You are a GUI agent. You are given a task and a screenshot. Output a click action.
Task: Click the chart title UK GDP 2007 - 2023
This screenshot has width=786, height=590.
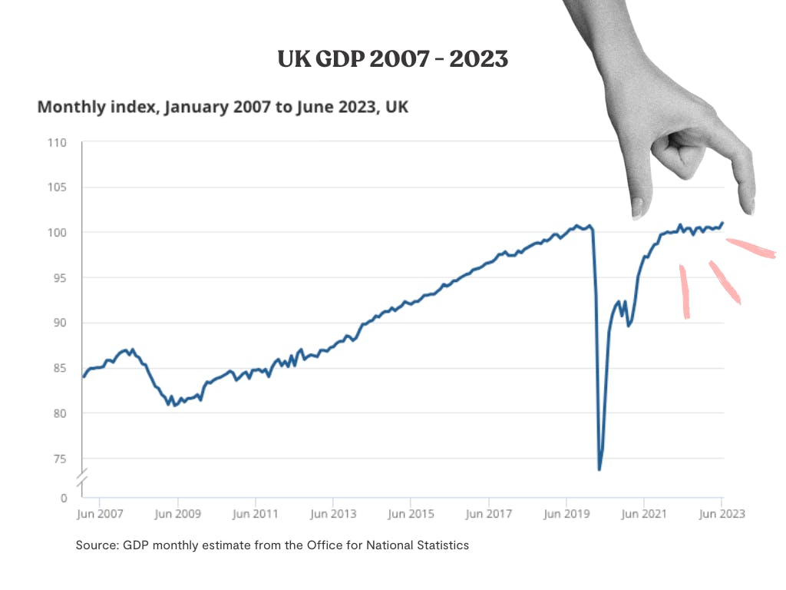click(393, 59)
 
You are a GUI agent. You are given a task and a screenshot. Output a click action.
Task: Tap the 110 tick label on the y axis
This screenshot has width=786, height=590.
click(58, 143)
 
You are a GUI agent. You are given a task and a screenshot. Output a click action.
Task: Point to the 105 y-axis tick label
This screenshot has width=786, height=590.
click(58, 187)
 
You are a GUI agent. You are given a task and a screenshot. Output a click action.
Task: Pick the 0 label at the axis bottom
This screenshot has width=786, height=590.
click(64, 498)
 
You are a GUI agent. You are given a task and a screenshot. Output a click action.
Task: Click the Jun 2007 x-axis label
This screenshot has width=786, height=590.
click(101, 513)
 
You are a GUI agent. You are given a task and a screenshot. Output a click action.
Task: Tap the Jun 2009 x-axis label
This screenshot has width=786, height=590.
click(178, 513)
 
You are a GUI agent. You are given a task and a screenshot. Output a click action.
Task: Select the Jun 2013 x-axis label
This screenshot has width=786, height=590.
click(332, 513)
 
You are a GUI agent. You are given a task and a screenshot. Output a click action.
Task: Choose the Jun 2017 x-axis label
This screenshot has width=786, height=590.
click(489, 513)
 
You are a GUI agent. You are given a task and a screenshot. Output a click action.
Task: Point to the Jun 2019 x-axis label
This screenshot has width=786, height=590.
click(566, 513)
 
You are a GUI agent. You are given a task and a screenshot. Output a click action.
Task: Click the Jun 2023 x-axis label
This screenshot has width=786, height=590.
click(722, 513)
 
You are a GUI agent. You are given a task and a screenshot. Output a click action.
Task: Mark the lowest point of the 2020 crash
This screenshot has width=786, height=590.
click(599, 469)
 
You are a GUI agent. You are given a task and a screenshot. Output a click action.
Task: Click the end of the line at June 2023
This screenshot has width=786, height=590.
click(722, 224)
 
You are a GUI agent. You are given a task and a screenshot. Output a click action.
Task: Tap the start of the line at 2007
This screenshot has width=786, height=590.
click(83, 376)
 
